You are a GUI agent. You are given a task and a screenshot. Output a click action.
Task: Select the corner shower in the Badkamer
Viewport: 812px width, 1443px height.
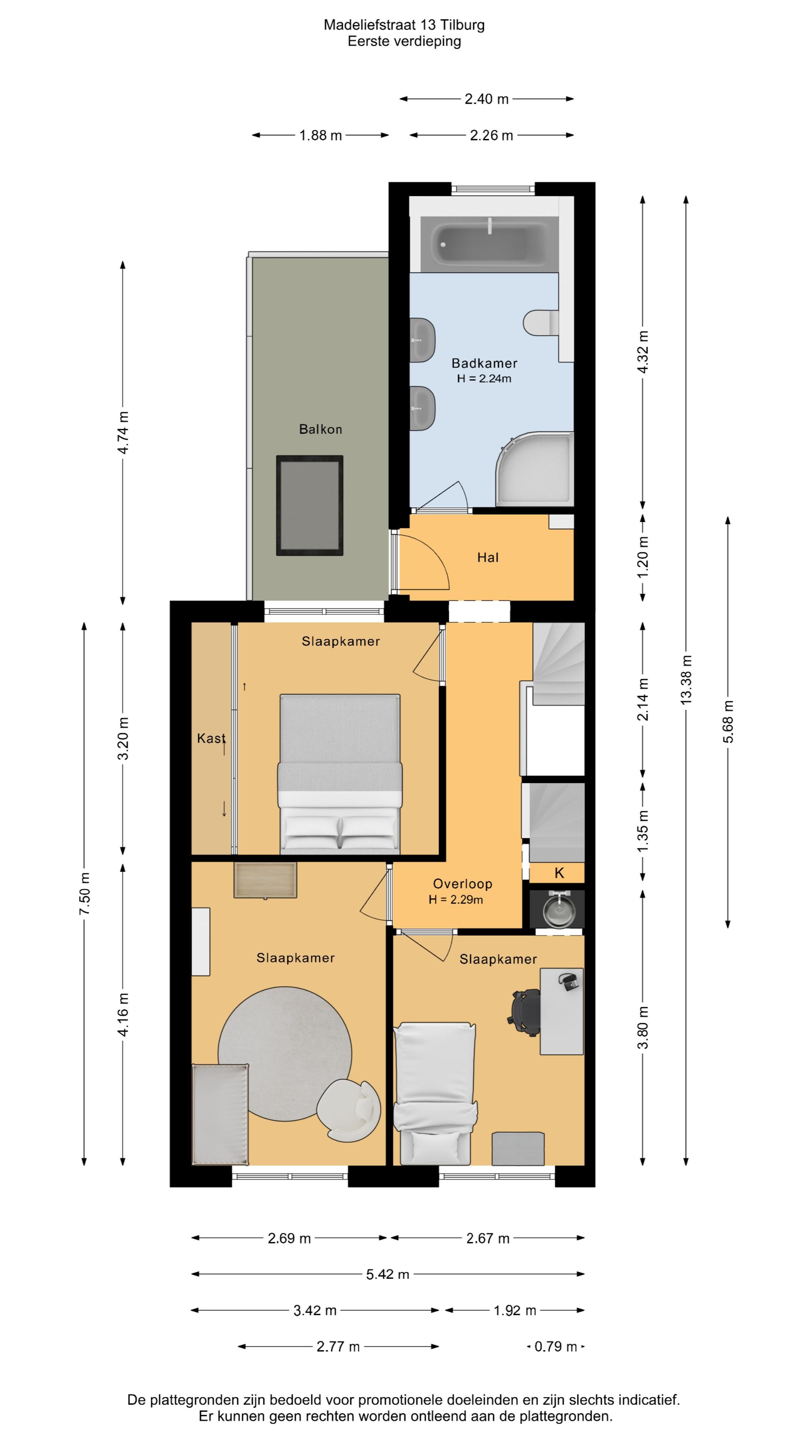[x=535, y=468]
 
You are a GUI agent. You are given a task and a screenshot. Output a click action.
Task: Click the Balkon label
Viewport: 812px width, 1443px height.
[x=321, y=429]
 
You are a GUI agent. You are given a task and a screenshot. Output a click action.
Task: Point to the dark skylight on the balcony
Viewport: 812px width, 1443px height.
[x=309, y=505]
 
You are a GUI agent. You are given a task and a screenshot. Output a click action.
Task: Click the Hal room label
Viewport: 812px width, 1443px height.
[x=488, y=557]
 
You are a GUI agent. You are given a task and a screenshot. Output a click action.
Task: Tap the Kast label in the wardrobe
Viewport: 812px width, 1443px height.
[x=211, y=738]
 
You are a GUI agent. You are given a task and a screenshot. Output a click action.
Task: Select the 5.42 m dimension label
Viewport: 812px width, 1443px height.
[x=388, y=1274]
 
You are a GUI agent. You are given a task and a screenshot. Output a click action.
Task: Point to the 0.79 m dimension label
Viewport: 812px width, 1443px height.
[x=555, y=1346]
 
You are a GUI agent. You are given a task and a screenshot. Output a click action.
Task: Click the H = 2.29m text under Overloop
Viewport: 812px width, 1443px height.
[x=456, y=900]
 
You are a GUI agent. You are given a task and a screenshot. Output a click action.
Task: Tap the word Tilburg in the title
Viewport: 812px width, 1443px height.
[x=462, y=25]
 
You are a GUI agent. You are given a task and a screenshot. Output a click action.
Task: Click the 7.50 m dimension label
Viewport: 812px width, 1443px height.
[x=85, y=894]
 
